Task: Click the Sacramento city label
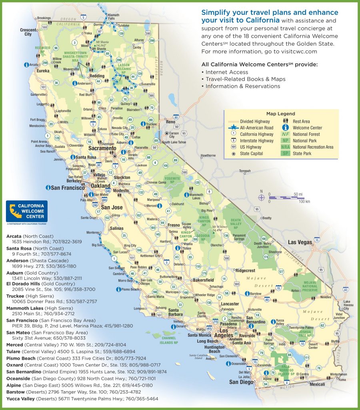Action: pyautogui.click(x=100, y=148)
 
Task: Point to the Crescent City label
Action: pyautogui.click(x=28, y=32)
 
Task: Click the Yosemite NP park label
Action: pyautogui.click(x=175, y=181)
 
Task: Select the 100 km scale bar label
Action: pyautogui.click(x=304, y=201)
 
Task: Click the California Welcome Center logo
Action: pyautogui.click(x=27, y=212)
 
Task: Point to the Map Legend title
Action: pyautogui.click(x=280, y=114)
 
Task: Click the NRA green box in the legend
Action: pyautogui.click(x=285, y=147)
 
